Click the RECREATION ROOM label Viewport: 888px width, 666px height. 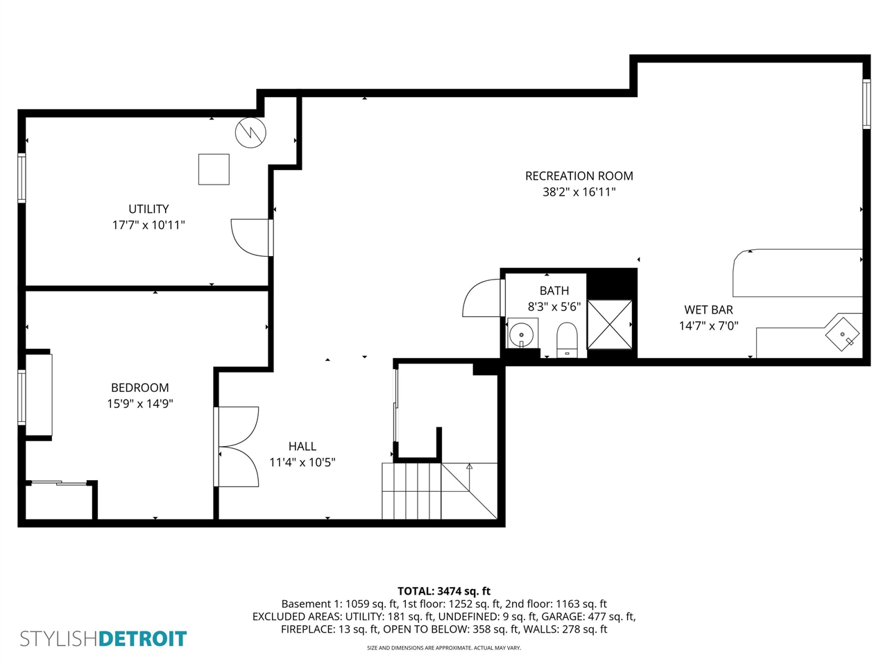pos(579,176)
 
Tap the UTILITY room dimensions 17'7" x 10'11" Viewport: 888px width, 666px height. pos(148,225)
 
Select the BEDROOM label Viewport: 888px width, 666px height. pos(139,388)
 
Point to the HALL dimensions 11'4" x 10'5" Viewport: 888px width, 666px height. pos(302,462)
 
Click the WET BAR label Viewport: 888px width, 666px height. pos(708,310)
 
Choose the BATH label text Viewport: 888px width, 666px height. pos(554,291)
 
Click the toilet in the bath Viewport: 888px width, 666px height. pos(567,339)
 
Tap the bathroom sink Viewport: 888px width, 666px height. pos(522,334)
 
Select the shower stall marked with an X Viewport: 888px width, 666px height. pos(609,324)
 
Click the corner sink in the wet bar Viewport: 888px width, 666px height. pos(843,334)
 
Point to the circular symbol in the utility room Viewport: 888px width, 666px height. pos(250,133)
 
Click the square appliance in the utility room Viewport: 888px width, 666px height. pos(214,169)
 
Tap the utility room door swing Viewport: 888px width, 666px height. pos(250,238)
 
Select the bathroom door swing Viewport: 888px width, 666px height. pos(481,298)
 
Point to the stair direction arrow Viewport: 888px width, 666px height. pos(469,467)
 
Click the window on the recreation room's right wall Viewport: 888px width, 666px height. pos(866,104)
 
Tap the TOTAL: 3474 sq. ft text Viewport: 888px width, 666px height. pos(443,591)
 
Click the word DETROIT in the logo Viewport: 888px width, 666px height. pos(142,638)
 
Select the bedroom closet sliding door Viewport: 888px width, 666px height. pos(58,482)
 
